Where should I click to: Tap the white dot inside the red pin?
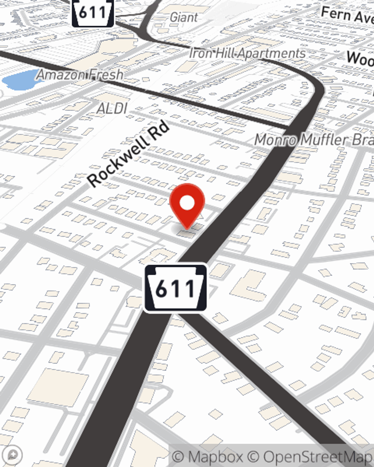(x=187, y=203)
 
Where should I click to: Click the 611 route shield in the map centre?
(x=175, y=288)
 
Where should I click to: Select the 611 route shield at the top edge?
(x=93, y=13)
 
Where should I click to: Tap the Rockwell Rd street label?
(x=129, y=154)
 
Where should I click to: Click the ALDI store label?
(x=112, y=109)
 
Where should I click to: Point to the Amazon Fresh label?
(x=80, y=75)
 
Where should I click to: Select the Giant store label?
(x=184, y=17)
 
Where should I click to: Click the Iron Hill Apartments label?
(x=247, y=53)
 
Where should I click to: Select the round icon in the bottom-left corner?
(x=13, y=455)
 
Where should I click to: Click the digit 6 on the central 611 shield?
(x=161, y=289)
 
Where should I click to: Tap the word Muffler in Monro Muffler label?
(x=324, y=140)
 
